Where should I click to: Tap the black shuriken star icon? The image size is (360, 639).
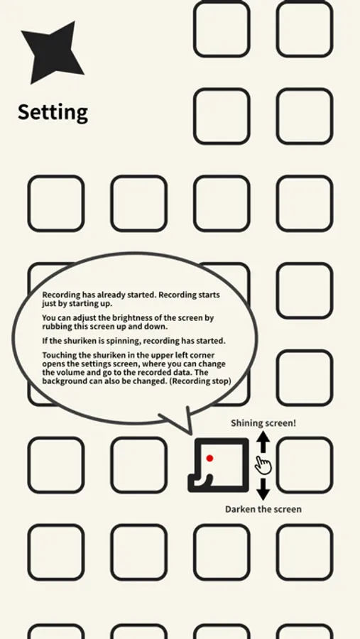51,52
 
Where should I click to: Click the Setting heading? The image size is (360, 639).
53,112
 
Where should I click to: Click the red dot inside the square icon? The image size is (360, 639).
209,458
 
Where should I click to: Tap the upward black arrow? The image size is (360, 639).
263,442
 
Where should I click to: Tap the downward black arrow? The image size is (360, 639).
263,489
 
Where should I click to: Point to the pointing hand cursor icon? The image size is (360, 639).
263,465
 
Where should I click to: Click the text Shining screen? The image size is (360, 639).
263,423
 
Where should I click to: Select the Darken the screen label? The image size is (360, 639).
263,509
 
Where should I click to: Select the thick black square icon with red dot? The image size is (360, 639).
219,465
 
